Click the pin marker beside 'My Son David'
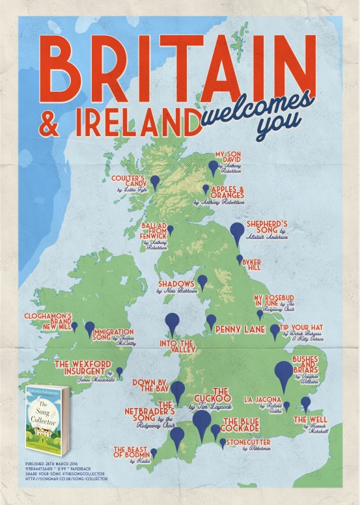pos(213,167)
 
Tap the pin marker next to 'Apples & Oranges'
pos(206,189)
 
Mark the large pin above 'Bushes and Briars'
pos(284,374)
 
